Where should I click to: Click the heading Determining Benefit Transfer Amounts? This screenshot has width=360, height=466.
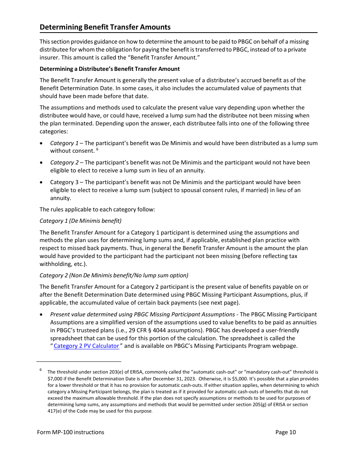105,27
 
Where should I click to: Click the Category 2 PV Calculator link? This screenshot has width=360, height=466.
86,346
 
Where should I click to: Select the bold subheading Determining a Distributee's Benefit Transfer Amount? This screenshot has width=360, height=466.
110,69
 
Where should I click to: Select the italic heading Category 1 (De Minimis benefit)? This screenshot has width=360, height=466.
80,220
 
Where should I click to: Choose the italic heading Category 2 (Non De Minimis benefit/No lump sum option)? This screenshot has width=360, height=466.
114,275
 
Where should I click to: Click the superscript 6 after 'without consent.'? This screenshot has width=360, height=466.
97,149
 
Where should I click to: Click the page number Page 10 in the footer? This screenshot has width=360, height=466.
285,432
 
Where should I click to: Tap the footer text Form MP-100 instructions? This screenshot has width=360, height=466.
71,432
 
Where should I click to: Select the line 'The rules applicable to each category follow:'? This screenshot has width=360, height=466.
97,210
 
